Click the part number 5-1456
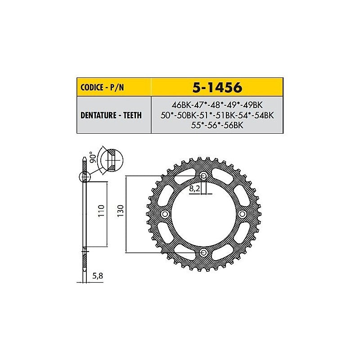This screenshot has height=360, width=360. (x=217, y=87)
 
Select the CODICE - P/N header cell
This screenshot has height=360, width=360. (x=114, y=87)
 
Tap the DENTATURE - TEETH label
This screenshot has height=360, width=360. (x=111, y=115)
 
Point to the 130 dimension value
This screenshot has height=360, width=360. (x=121, y=211)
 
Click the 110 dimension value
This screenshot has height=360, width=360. (x=101, y=211)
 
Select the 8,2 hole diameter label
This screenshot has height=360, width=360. (x=194, y=189)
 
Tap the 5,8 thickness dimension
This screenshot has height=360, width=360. (x=98, y=276)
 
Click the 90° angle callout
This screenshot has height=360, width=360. (x=94, y=157)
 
